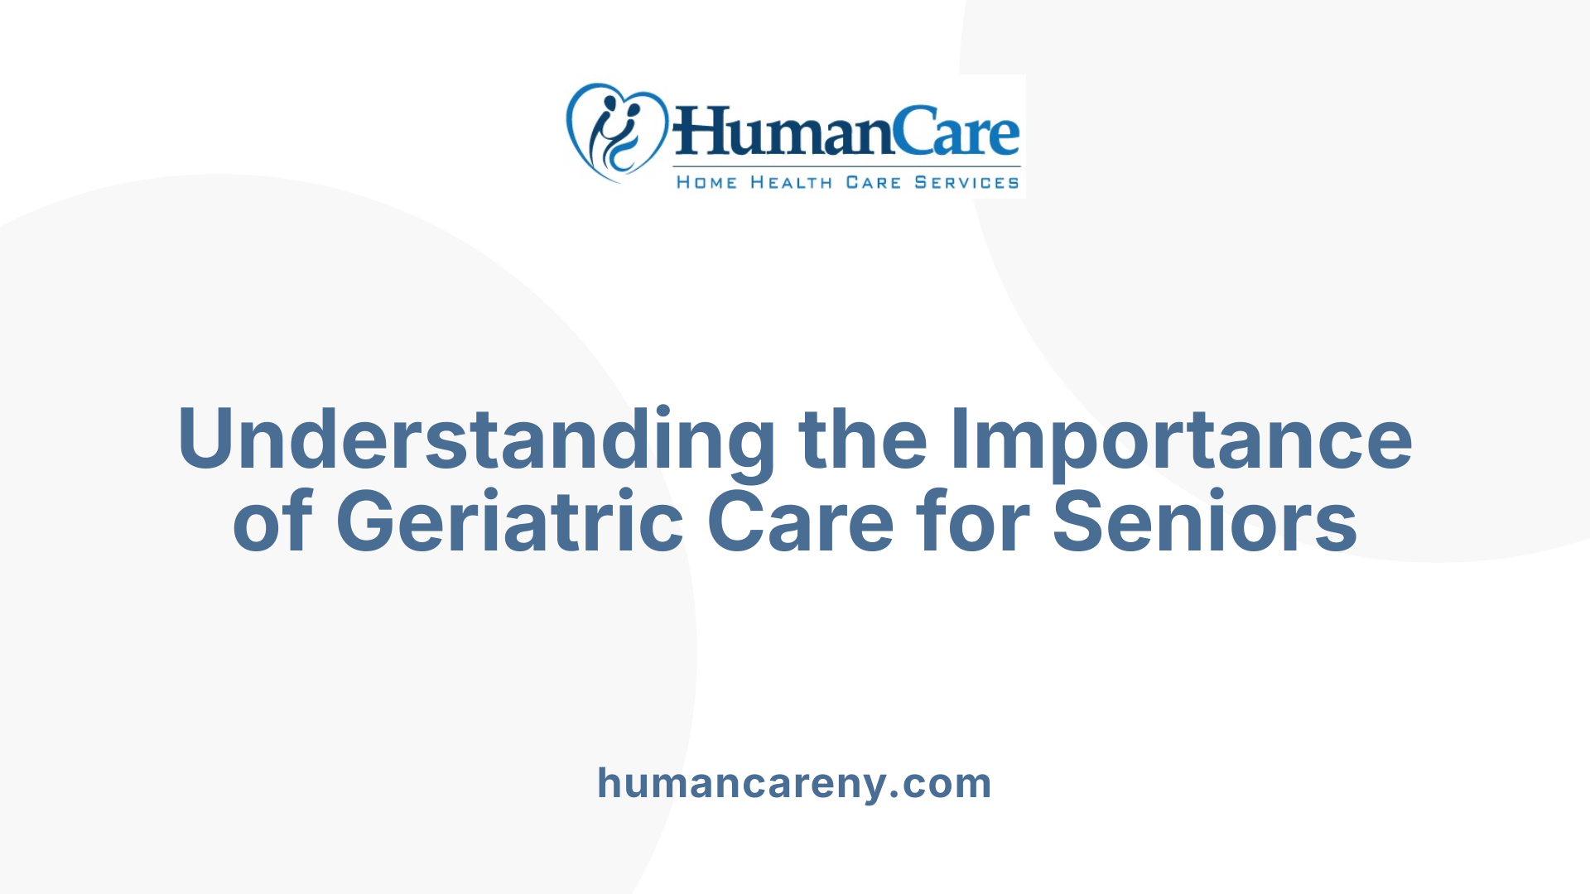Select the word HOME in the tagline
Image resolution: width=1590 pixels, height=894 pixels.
(706, 183)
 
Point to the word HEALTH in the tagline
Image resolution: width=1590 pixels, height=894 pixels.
(791, 183)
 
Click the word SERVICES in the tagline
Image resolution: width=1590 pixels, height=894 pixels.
(966, 183)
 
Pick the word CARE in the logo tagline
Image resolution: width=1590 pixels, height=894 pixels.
(873, 183)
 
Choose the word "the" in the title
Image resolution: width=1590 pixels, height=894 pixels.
(863, 439)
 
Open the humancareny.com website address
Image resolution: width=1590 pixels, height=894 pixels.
(794, 784)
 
